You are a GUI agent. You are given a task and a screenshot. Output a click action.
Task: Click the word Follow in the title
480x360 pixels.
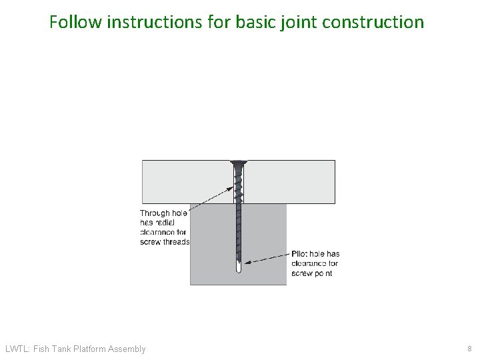point(75,22)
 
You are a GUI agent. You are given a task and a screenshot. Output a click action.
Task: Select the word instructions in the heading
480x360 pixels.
point(155,22)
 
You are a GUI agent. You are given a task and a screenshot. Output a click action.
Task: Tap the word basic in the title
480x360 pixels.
point(255,22)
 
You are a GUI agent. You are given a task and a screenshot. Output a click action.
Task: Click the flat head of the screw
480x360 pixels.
point(239,162)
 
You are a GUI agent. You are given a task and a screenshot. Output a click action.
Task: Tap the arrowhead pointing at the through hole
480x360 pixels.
point(229,189)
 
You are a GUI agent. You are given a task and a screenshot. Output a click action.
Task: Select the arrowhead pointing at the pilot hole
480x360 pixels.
point(248,262)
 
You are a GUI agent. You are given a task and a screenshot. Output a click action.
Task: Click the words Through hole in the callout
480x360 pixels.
point(163,213)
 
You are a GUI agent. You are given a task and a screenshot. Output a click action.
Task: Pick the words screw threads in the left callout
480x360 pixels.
point(165,242)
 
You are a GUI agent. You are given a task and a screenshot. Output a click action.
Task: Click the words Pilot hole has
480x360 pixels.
point(315,254)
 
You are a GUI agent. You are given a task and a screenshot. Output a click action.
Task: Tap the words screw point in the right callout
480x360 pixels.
point(311,273)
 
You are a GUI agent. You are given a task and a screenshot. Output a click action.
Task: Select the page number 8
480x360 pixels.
point(469,349)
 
